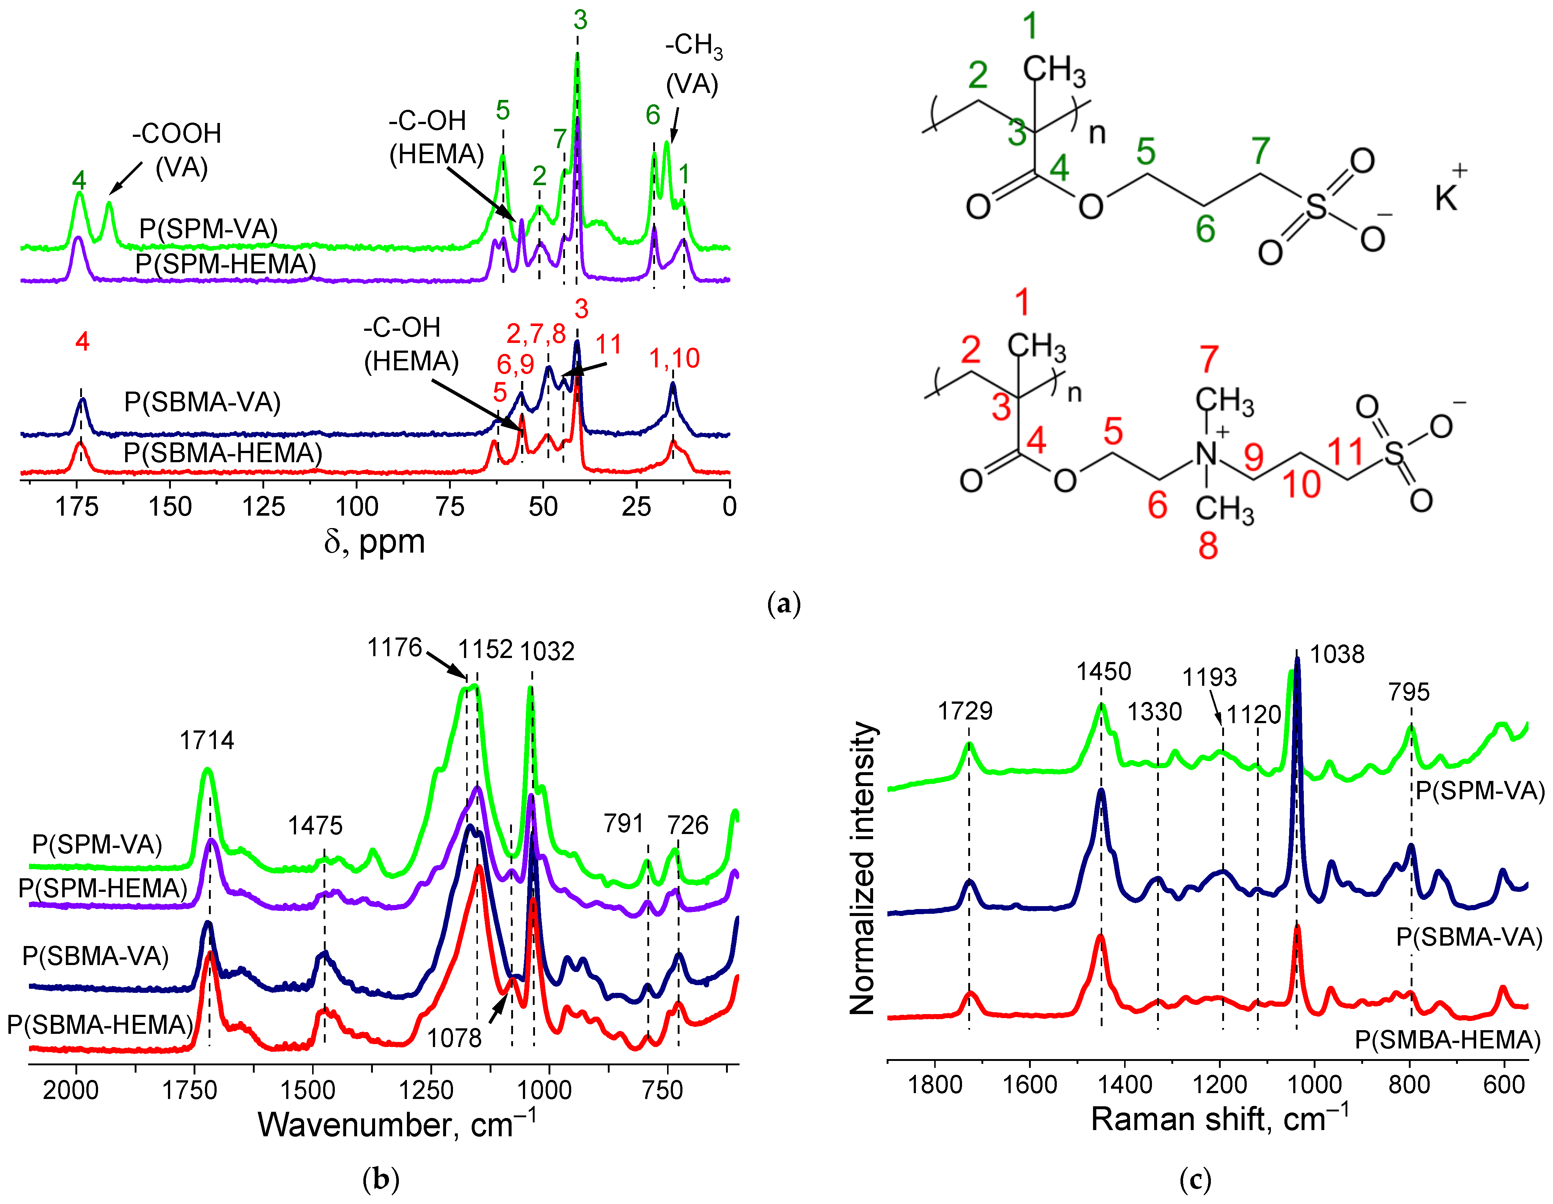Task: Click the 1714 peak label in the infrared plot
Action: pyautogui.click(x=206, y=740)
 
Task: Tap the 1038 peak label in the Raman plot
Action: pyautogui.click(x=1337, y=654)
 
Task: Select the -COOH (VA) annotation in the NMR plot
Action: pyautogui.click(x=178, y=150)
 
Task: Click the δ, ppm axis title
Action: pyautogui.click(x=375, y=542)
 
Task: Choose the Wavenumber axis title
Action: pyautogui.click(x=397, y=1124)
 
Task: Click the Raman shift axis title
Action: pyautogui.click(x=1219, y=1119)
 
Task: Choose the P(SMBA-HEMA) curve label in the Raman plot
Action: pyautogui.click(x=1447, y=1040)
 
